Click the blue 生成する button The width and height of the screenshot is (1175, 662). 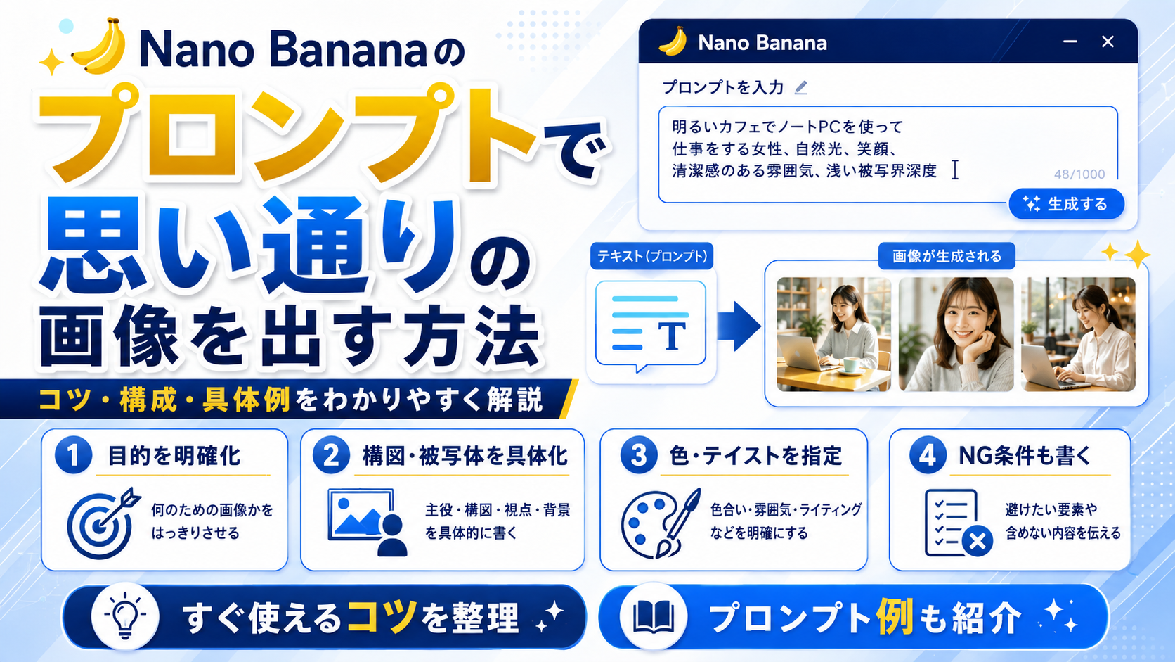[x=1066, y=204]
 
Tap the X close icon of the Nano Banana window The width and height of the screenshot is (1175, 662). [x=1108, y=42]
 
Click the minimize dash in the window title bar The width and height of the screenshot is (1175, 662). [x=1070, y=42]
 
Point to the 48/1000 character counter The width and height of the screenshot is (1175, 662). [x=1079, y=174]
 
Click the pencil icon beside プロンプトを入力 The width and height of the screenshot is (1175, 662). [x=801, y=88]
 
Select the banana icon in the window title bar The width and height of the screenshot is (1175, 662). [x=673, y=42]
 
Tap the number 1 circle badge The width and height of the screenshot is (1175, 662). [x=73, y=454]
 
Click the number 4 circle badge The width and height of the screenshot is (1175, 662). [x=928, y=454]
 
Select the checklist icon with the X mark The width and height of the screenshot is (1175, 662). [x=958, y=523]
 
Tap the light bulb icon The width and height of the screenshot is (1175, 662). [x=125, y=616]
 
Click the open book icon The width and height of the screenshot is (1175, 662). [x=654, y=616]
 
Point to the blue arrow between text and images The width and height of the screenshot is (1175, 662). [x=739, y=326]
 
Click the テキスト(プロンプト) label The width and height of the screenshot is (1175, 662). [x=652, y=256]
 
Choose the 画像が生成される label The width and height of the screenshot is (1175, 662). [x=947, y=256]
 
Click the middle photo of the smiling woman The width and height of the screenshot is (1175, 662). [x=956, y=334]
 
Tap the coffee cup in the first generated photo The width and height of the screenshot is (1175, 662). [x=851, y=365]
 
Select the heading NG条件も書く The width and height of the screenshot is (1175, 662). [x=1025, y=456]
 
